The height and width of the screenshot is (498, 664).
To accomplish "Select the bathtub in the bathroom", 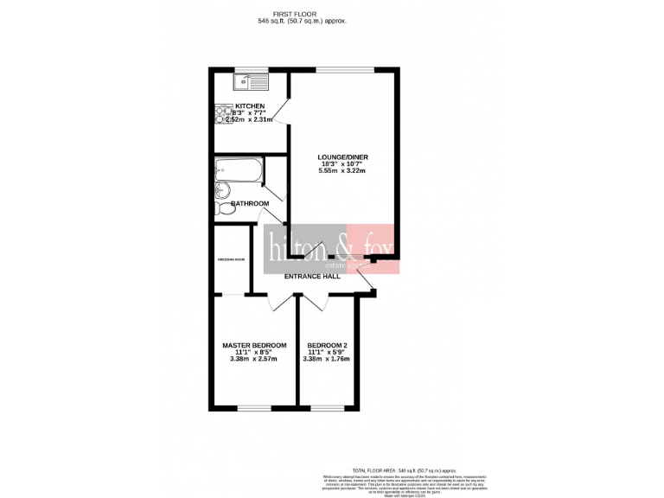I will coord(238,170).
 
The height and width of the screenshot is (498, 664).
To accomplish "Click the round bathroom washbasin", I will coord(221,190).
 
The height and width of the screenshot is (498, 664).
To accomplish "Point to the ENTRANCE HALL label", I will coord(312,277).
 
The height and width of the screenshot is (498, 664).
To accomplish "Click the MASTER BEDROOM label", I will coord(254,345).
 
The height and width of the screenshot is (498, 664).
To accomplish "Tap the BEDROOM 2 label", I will coord(327,345).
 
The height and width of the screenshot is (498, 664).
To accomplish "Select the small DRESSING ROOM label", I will coord(231,259).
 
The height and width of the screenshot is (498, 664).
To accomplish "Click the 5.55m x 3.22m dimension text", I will coord(342,171).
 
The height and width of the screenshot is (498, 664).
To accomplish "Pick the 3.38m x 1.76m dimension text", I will coord(327,359).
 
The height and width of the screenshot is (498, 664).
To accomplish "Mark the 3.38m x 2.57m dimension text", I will coord(254,359).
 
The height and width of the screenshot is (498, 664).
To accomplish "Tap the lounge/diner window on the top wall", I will coord(345,70).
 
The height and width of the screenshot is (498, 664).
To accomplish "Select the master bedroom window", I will coord(253,408).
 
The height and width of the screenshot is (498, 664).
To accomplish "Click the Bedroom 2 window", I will coord(327,408).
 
